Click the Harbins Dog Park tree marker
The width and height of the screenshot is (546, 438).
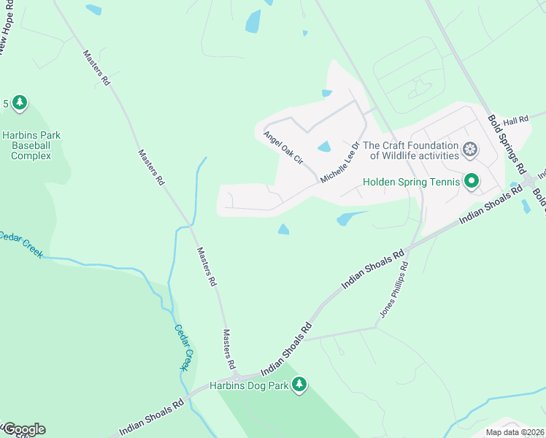tap(298, 384)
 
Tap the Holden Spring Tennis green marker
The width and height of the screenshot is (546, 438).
tap(471, 180)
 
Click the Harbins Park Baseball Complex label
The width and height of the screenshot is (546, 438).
tap(31, 145)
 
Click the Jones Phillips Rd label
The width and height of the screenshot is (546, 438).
tap(393, 290)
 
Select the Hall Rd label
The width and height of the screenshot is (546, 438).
tap(515, 120)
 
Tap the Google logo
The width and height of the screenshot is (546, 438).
tap(24, 429)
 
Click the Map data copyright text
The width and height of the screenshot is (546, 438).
tap(515, 432)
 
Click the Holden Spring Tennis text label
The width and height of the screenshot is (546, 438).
tap(412, 182)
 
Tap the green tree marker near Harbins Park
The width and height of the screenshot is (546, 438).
tap(20, 103)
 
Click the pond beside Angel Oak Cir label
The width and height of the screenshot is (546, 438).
tap(324, 147)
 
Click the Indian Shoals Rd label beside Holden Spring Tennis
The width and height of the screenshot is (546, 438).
tap(491, 204)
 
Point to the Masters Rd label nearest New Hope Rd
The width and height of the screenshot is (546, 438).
tap(96, 69)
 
